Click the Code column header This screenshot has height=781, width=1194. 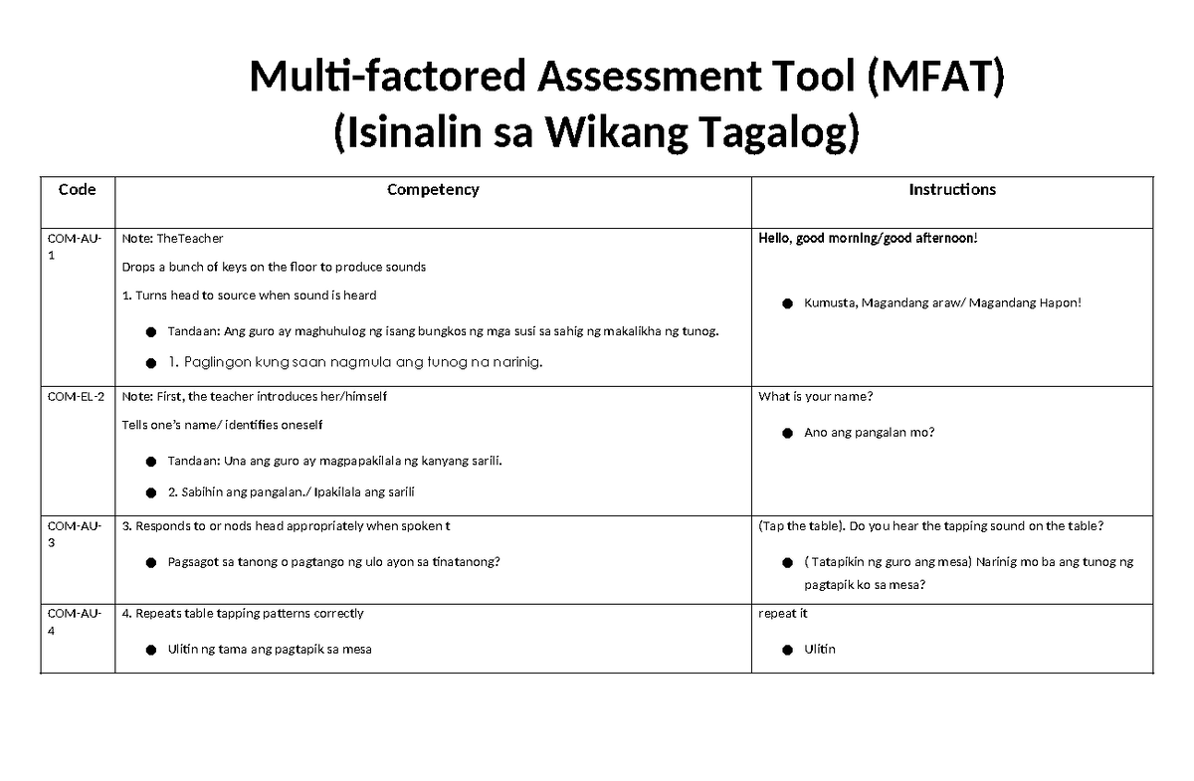[x=77, y=189]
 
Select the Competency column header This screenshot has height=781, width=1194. [x=433, y=189]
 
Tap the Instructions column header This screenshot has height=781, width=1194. [x=952, y=189]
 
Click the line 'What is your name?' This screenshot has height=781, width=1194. [x=816, y=397]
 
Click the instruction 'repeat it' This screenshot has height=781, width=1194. [x=783, y=614]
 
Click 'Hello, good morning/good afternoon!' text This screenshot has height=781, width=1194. [x=869, y=239]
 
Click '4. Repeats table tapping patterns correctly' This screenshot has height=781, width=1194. [x=242, y=614]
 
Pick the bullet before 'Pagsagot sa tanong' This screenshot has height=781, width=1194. [x=150, y=563]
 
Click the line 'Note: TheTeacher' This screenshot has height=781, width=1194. [x=172, y=239]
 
